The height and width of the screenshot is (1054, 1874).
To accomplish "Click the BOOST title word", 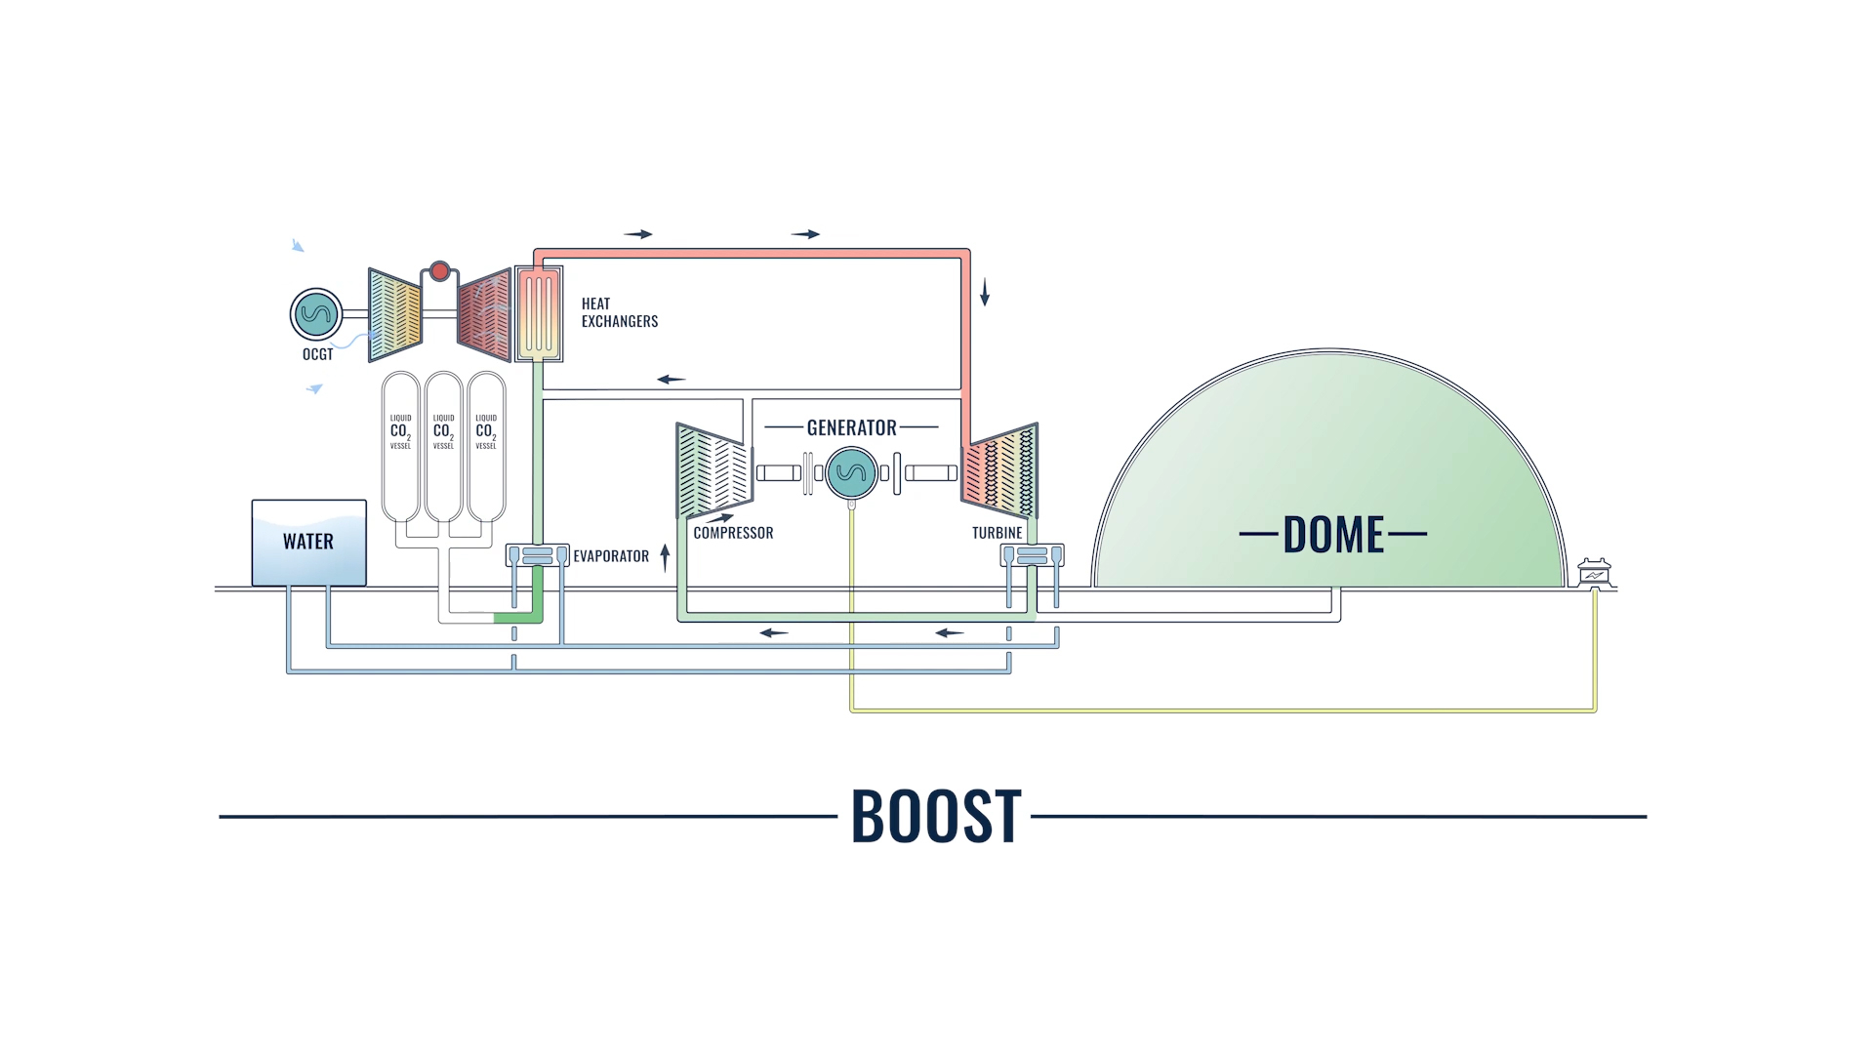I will click(x=936, y=816).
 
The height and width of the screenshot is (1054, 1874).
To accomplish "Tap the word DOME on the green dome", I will click(x=1333, y=535).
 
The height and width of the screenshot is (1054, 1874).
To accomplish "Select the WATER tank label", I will click(x=308, y=542).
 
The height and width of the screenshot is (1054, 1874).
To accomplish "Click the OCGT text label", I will click(x=317, y=354).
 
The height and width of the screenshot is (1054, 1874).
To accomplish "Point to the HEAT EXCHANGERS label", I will click(x=619, y=312).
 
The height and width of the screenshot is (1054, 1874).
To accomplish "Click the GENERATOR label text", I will click(x=851, y=427).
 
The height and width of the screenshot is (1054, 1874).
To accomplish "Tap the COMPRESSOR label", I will click(x=733, y=533).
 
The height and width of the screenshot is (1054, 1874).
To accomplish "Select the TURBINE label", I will click(x=997, y=533).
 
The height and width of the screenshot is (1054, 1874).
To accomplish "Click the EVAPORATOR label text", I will click(x=611, y=556).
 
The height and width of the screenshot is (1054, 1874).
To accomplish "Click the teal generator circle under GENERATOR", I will click(x=851, y=473).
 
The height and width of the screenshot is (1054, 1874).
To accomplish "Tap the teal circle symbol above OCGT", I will click(x=316, y=314).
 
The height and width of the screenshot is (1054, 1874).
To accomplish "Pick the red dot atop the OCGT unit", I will click(x=439, y=270).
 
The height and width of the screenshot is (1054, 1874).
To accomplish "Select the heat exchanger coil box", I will click(x=539, y=313).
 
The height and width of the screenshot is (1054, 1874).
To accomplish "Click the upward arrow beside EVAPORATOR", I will click(x=665, y=556).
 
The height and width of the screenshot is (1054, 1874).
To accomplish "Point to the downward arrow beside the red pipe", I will click(x=985, y=291).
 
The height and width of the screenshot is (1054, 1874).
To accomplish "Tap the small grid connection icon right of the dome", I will click(x=1594, y=571).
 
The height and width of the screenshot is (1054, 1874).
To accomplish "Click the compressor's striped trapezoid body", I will click(x=713, y=471).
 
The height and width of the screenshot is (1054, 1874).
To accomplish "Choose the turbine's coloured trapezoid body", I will click(x=1000, y=471).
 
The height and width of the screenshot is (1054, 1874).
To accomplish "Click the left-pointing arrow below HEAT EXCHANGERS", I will click(x=672, y=379).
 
